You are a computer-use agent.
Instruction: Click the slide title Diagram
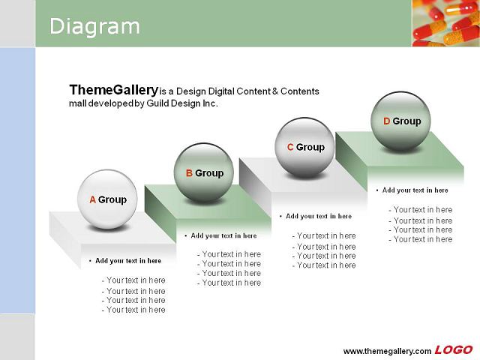pyautogui.click(x=94, y=27)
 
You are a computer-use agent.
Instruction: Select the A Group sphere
pyautogui.click(x=107, y=199)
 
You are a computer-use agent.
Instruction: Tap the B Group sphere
pyautogui.click(x=203, y=173)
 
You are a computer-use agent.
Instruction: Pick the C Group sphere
pyautogui.click(x=305, y=147)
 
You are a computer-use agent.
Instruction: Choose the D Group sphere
pyautogui.click(x=400, y=121)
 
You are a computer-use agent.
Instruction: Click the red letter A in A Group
pyautogui.click(x=93, y=199)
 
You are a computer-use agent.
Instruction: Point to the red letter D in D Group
pyautogui.click(x=387, y=121)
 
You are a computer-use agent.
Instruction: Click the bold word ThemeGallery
pyautogui.click(x=113, y=90)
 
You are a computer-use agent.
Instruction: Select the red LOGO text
pyautogui.click(x=454, y=349)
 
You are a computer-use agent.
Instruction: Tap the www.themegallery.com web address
pyautogui.click(x=387, y=351)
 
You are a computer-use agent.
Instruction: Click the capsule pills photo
pyautogui.click(x=446, y=23)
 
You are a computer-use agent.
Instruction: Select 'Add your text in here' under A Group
pyautogui.click(x=128, y=261)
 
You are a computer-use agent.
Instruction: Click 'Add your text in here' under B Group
pyautogui.click(x=223, y=235)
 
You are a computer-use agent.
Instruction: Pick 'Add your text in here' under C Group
pyautogui.click(x=319, y=216)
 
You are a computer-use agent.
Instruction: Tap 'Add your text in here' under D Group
pyautogui.click(x=415, y=190)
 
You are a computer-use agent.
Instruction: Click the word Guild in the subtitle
pyautogui.click(x=157, y=103)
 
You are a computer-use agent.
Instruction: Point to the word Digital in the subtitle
pyautogui.click(x=222, y=91)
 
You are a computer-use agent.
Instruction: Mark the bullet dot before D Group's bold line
pyautogui.click(x=377, y=190)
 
